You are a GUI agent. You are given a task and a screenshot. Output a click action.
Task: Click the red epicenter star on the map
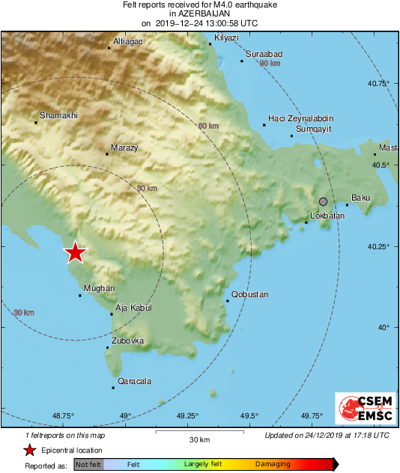75,252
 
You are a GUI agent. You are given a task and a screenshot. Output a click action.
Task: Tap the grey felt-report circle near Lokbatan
323,201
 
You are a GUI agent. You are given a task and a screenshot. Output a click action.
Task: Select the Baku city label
361,198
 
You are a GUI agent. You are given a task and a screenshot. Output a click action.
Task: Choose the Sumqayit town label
315,129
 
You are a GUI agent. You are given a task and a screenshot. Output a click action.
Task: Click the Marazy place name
124,148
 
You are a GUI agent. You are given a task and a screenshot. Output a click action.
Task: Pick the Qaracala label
135,381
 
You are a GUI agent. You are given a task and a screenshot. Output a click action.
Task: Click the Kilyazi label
226,37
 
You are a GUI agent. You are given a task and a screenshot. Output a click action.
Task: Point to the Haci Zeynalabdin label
301,118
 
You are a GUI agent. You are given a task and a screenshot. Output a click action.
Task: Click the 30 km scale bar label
199,439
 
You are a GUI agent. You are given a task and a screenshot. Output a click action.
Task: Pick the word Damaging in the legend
273,465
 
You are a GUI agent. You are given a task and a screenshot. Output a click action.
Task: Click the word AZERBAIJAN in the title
200,13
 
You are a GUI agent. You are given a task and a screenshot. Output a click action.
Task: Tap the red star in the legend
29,450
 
